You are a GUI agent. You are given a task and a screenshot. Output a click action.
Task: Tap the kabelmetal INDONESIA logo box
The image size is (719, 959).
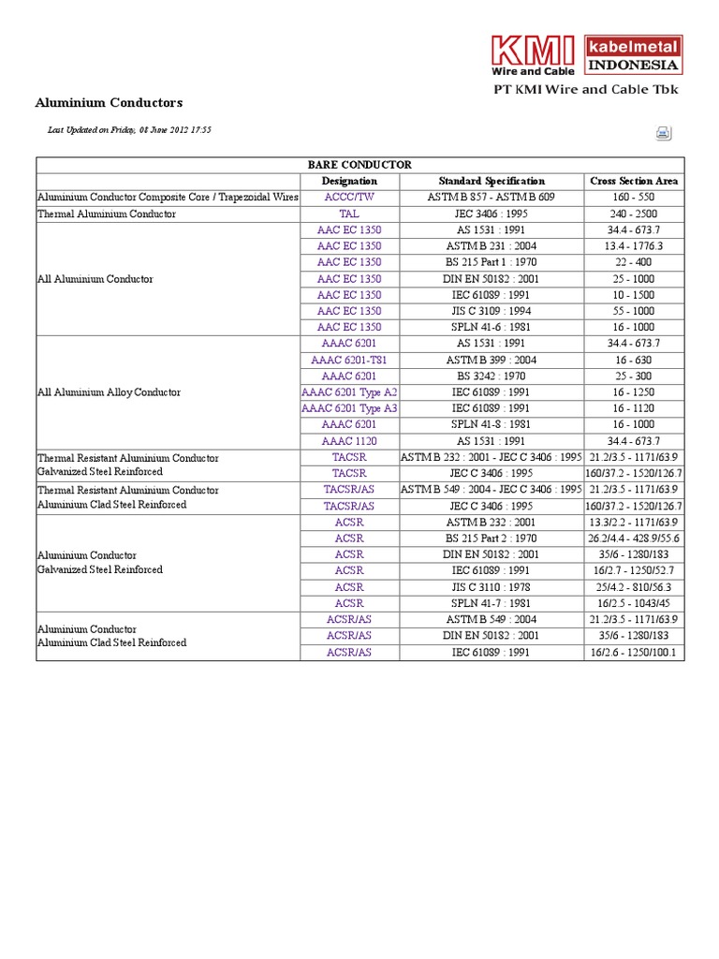pos(633,55)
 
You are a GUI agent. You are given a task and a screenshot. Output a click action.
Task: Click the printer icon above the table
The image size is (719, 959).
pos(663,133)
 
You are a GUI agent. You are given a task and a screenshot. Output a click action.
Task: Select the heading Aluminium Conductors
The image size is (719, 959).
pos(109,102)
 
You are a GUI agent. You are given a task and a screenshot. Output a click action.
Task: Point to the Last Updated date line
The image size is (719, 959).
pos(129,130)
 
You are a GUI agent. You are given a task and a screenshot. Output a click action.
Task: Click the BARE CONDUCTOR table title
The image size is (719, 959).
pos(360,165)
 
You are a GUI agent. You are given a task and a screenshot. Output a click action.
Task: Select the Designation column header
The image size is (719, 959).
pos(349,181)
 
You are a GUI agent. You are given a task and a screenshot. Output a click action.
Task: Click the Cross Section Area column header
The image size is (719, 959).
pos(634,181)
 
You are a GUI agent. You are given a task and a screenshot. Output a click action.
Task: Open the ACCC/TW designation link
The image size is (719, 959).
pos(349,198)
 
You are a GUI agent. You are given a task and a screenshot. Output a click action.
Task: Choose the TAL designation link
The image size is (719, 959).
pos(349,214)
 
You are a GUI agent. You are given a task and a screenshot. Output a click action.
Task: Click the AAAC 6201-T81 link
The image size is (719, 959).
pos(349,360)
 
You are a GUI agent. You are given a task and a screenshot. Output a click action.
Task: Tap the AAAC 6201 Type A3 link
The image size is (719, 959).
pos(349,408)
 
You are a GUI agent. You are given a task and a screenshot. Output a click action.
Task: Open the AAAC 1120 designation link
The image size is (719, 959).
pos(349,441)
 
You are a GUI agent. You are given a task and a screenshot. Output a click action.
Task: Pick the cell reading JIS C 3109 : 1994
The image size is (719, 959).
pos(492,311)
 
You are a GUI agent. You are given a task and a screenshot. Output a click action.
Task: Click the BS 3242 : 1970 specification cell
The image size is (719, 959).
pos(492,376)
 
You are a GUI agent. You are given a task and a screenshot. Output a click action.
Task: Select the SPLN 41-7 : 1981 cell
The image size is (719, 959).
pos(492,603)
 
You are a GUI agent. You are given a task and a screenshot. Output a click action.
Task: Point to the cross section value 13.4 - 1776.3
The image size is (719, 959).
pos(634,246)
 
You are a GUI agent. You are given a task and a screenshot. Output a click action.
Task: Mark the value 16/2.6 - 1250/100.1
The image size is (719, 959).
pos(634,652)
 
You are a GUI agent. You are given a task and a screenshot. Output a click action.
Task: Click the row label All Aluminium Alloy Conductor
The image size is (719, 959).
pos(109,392)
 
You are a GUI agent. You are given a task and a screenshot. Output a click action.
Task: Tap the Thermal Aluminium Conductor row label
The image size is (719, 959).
pos(107,214)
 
